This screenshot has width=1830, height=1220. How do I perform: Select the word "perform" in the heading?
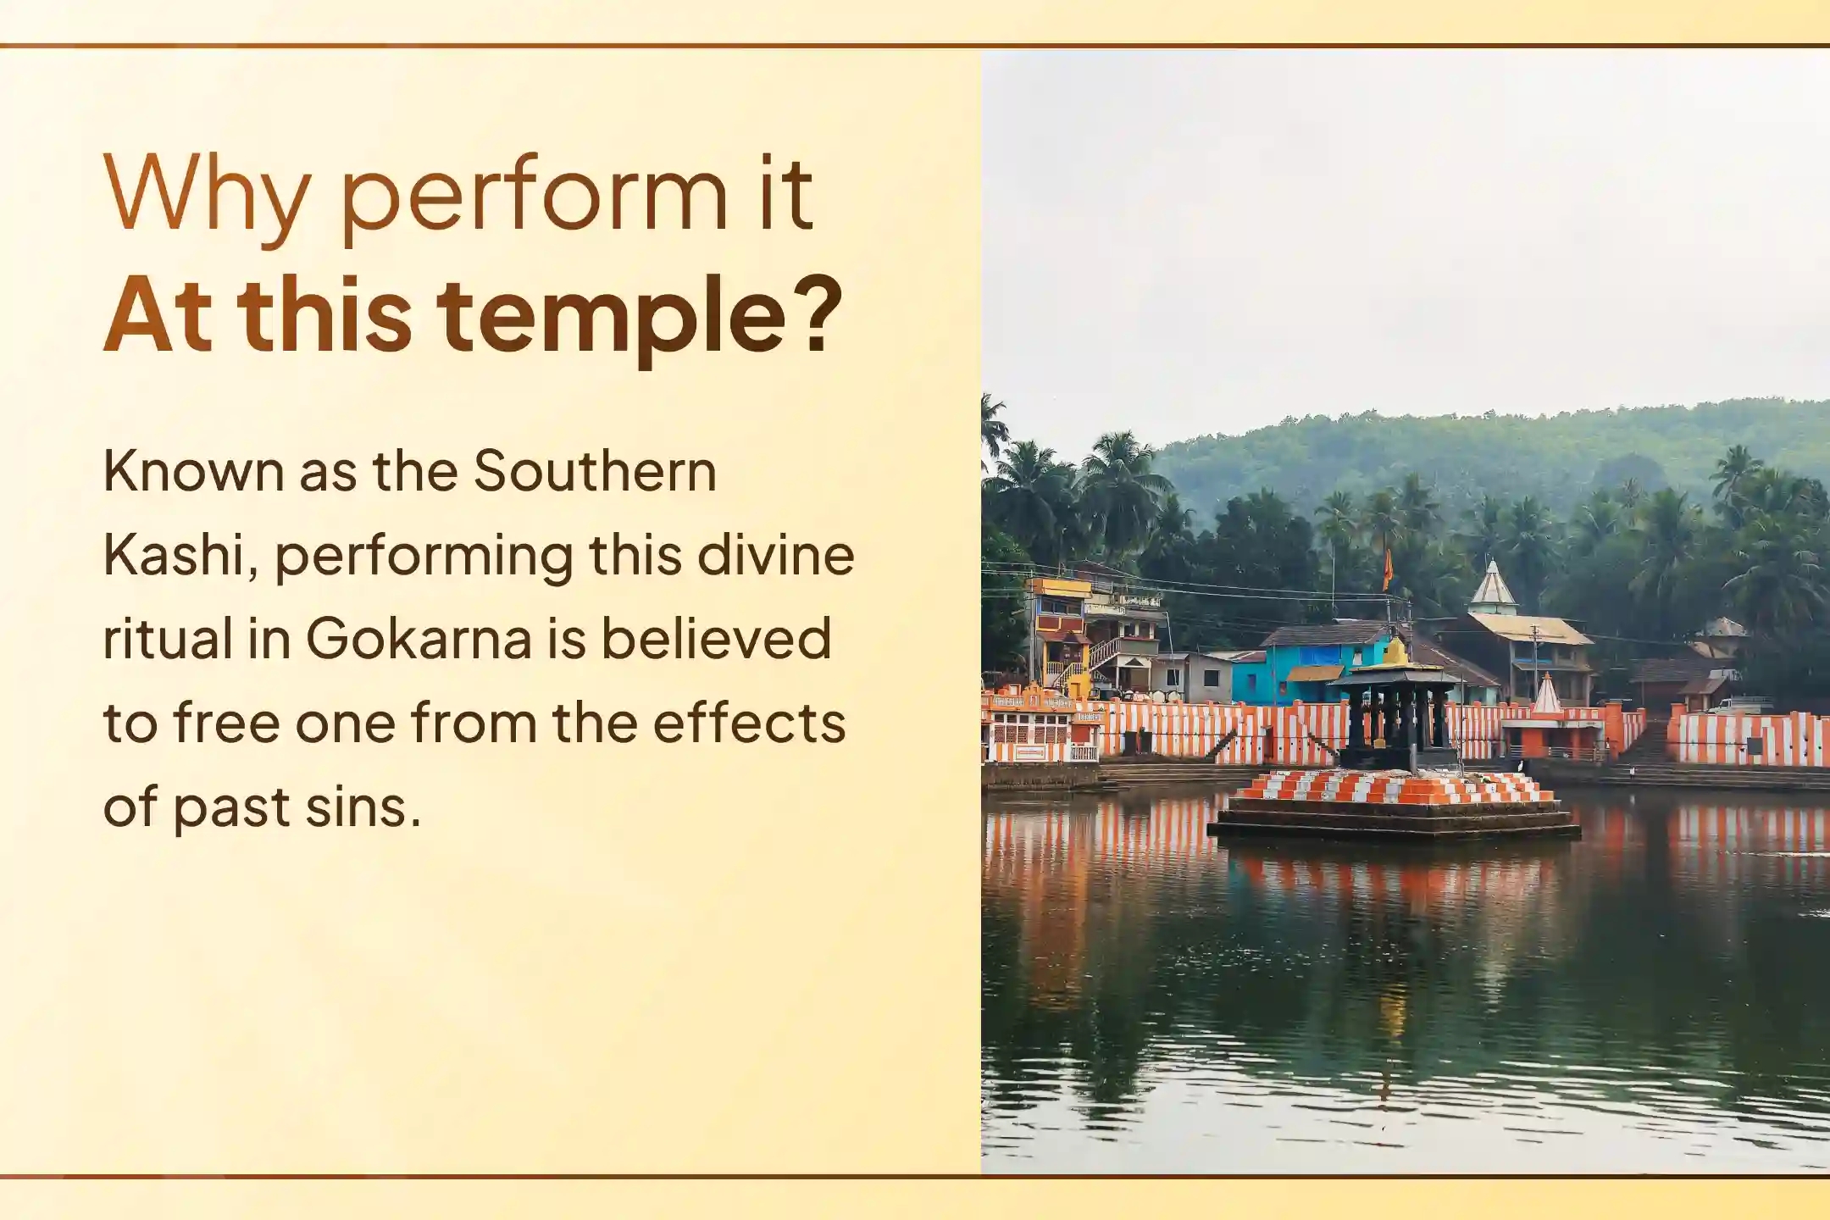[x=534, y=198]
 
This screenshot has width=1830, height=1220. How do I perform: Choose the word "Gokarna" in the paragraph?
[x=419, y=638]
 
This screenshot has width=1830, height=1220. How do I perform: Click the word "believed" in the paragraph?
[x=716, y=638]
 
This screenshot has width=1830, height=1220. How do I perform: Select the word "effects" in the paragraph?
[x=749, y=723]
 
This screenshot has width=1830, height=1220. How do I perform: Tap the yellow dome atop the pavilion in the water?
[x=1395, y=651]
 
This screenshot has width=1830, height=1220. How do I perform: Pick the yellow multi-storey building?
[x=1059, y=631]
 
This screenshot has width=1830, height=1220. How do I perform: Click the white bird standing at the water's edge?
[x=1522, y=766]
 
